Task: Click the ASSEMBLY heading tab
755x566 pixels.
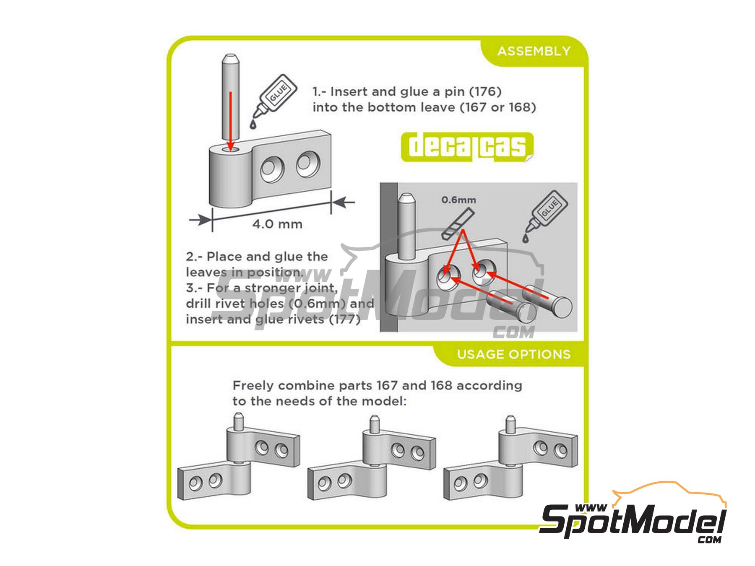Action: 534,52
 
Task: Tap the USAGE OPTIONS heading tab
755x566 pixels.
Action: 513,355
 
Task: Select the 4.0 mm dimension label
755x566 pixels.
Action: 277,224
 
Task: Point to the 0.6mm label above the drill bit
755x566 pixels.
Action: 458,200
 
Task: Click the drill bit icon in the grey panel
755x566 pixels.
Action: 454,226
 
